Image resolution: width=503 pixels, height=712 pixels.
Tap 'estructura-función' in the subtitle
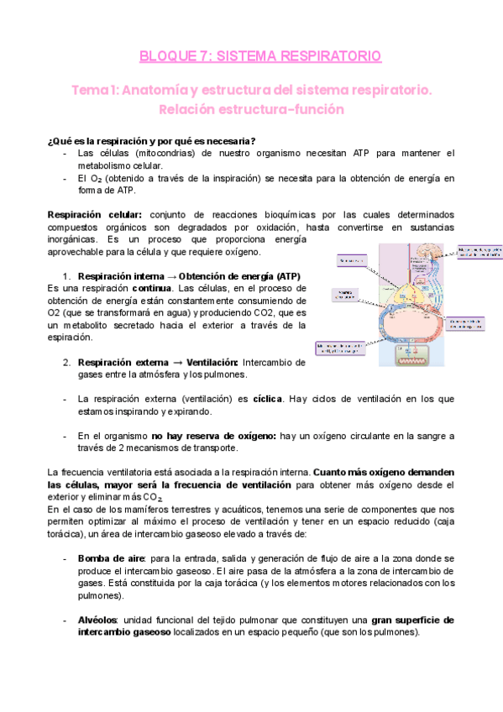click(292, 109)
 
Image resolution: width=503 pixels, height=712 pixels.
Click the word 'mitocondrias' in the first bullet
click(165, 154)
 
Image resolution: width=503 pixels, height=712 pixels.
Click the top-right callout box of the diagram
click(479, 253)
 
